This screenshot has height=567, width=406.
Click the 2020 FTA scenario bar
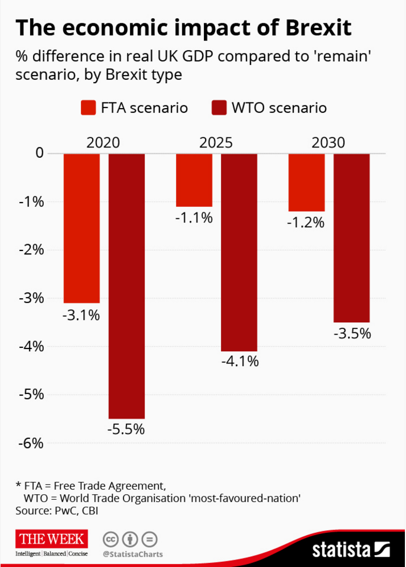pyautogui.click(x=81, y=228)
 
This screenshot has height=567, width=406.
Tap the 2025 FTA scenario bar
pyautogui.click(x=194, y=180)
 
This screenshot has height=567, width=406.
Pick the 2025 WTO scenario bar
pyautogui.click(x=239, y=252)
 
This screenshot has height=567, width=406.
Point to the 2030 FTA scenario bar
pyautogui.click(x=307, y=182)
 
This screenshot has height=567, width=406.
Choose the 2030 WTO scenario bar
pyautogui.click(x=352, y=237)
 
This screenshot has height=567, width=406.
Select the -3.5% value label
pyautogui.click(x=352, y=333)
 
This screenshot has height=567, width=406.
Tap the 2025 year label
pyautogui.click(x=216, y=142)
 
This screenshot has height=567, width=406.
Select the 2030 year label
pyautogui.click(x=329, y=142)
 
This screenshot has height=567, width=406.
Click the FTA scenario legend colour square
pyautogui.click(x=89, y=108)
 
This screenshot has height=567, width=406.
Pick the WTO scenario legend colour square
pyautogui.click(x=219, y=108)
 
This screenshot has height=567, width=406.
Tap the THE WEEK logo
pyautogui.click(x=51, y=539)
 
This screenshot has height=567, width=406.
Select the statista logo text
pyautogui.click(x=341, y=550)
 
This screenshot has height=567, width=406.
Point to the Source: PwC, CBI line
pyautogui.click(x=57, y=511)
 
